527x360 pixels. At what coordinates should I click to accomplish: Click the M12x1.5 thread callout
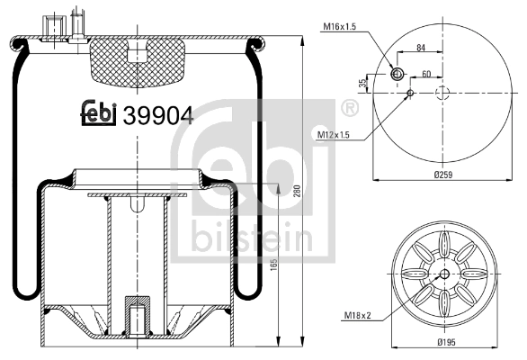click(x=335, y=134)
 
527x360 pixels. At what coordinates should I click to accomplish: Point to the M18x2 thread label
click(x=359, y=315)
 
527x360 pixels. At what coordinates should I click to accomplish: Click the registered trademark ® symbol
click(x=347, y=109)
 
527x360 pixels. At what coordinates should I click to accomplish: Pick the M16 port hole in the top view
click(x=396, y=74)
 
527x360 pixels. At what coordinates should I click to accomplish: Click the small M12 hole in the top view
click(x=410, y=93)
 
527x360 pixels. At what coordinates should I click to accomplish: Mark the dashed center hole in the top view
click(x=442, y=94)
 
